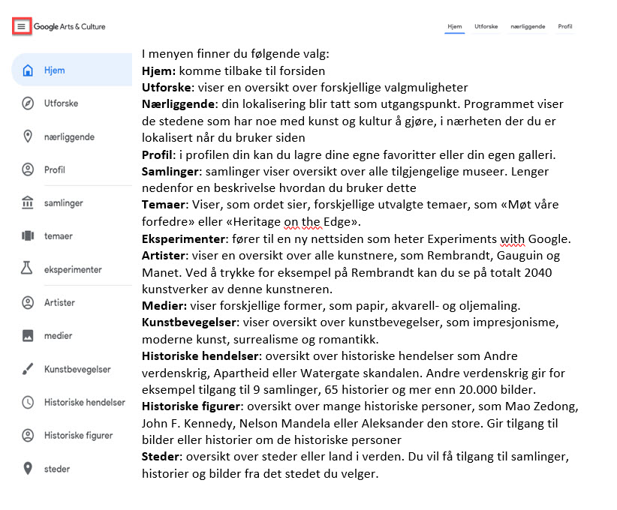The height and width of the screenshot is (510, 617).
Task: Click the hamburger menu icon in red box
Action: [22, 27]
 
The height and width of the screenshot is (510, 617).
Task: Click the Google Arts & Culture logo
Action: [70, 27]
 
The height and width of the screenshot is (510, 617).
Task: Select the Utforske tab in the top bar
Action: [485, 26]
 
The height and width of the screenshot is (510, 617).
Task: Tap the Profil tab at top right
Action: [564, 26]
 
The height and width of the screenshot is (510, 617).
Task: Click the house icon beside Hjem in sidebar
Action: [29, 70]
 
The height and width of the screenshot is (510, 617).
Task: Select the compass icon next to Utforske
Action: [29, 103]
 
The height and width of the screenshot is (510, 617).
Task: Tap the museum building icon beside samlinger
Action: [29, 203]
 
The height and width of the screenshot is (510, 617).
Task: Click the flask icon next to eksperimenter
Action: [29, 269]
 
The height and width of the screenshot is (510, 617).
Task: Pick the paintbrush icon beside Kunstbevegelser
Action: [29, 369]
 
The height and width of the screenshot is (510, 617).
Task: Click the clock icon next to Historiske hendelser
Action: [29, 402]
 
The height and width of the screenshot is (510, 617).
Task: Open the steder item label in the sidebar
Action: [57, 469]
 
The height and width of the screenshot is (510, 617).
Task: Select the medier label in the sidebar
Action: [59, 336]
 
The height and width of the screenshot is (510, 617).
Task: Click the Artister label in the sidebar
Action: [60, 303]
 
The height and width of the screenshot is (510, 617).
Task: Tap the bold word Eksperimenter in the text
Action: [184, 239]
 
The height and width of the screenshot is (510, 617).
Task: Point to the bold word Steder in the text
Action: [161, 457]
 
